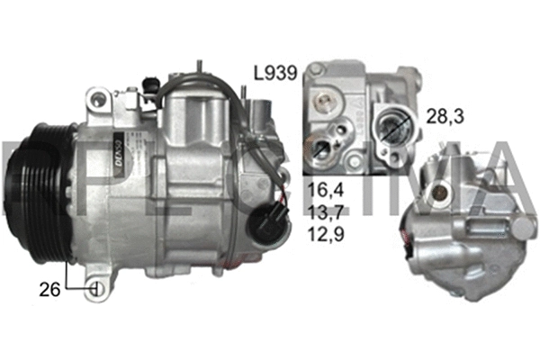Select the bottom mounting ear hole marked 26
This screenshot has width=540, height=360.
click(x=96, y=290)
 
